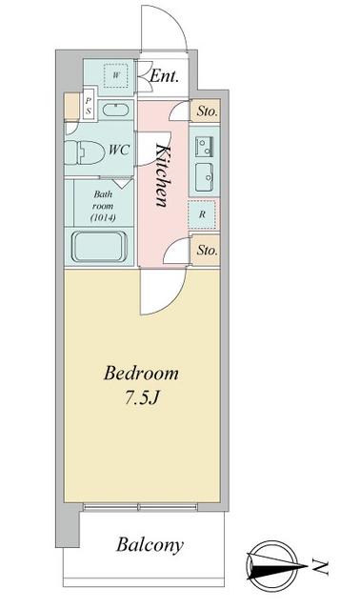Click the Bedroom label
pos(141,374)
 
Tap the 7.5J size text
pos(142,397)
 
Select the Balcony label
pos(150,545)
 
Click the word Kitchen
pos(163,174)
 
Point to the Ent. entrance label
pos(164,76)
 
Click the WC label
pos(119,150)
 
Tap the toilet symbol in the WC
pos(85,152)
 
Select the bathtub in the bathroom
pos(100,246)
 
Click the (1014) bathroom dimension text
pos(103,217)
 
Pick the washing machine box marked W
pos(116,75)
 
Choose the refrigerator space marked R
pos(202,214)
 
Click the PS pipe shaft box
pos(89,106)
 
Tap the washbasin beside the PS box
pos(115,110)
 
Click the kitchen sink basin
pos(204,177)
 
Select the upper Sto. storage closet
pos(206,112)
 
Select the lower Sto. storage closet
pos(206,250)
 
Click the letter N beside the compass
pos(320,567)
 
